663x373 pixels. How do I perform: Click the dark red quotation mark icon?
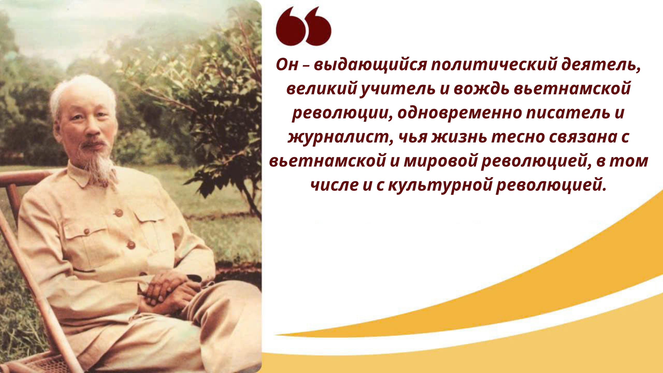click(x=304, y=26)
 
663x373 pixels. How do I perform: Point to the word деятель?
click(x=601, y=64)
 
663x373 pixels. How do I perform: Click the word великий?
click(x=321, y=89)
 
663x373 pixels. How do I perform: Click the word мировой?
click(x=441, y=161)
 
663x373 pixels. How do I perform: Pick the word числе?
click(x=334, y=185)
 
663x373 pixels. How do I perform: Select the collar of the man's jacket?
click(x=92, y=176)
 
